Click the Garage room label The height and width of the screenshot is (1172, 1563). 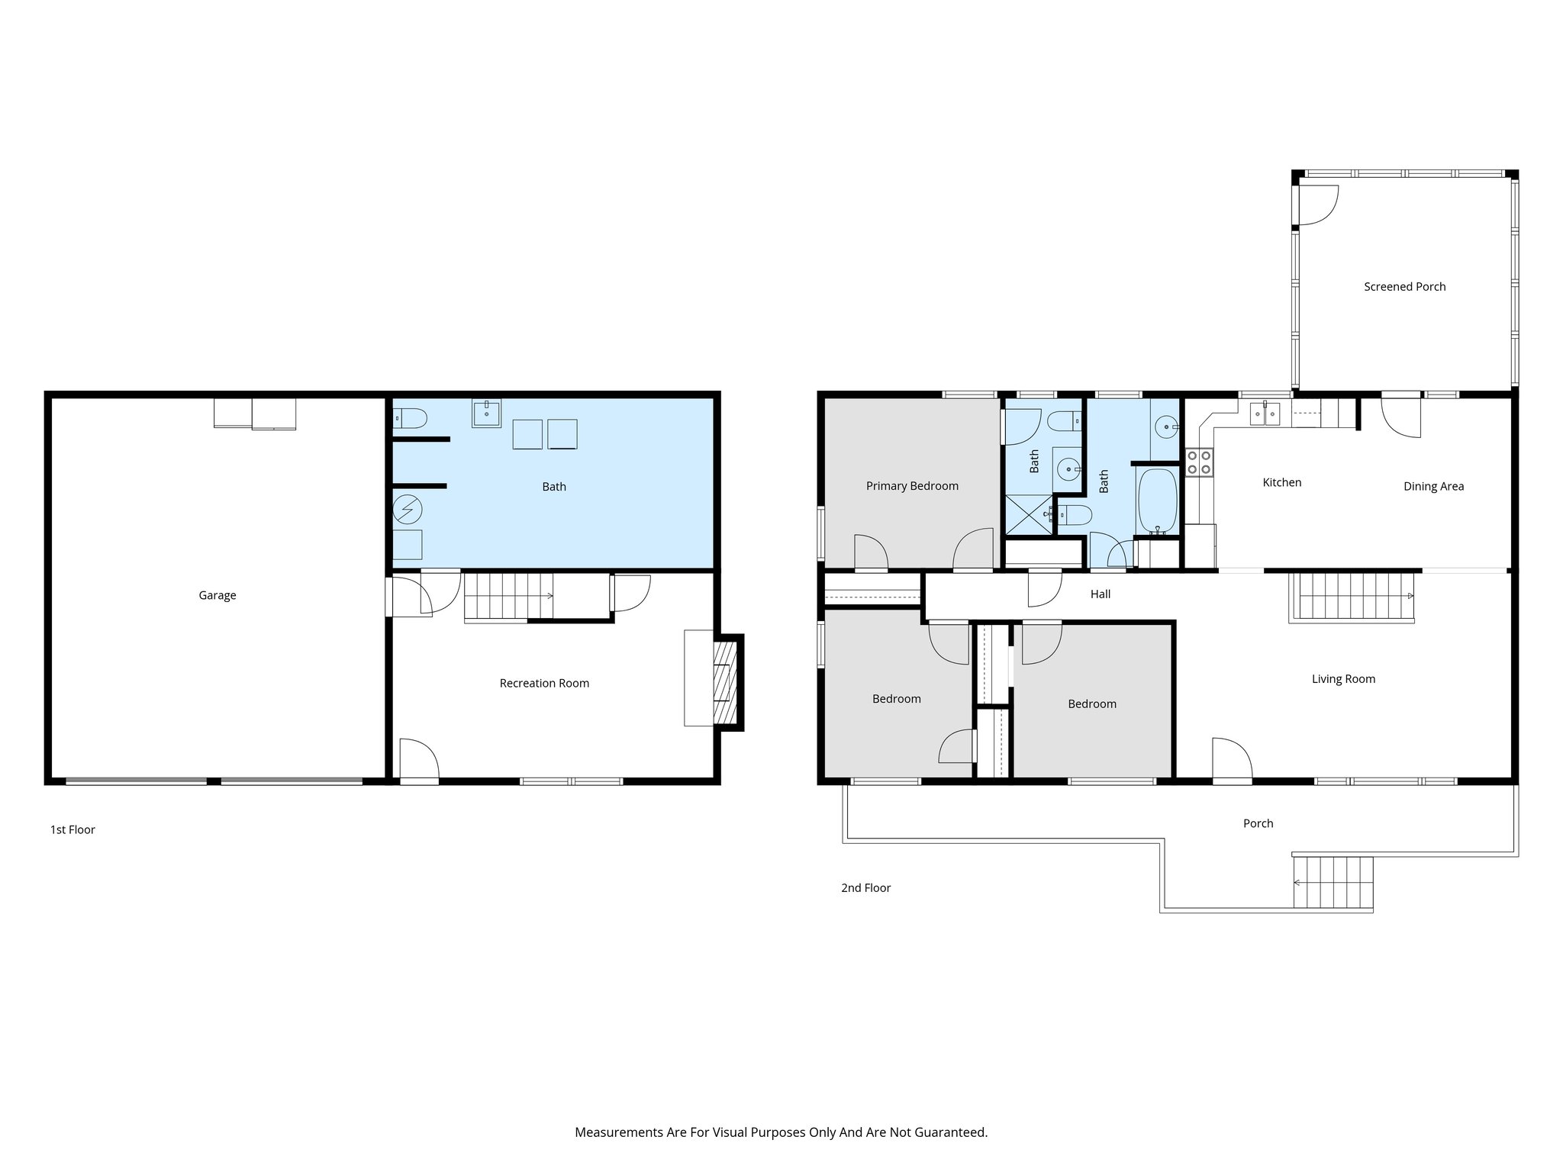coord(217,595)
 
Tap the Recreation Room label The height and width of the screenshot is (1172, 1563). coord(544,683)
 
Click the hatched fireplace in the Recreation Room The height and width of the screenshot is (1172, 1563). coord(725,681)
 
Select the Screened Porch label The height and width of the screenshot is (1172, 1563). coord(1404,287)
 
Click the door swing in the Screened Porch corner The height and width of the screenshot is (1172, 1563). coord(1317,204)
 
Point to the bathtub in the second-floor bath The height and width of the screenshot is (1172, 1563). coord(1157,501)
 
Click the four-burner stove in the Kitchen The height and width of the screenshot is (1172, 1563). coord(1198,462)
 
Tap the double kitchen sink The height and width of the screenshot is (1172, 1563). coord(1265,414)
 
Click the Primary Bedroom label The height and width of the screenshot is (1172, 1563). coord(912,486)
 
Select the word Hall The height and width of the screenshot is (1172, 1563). coord(1100,594)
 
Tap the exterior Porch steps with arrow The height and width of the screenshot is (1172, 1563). coord(1333,882)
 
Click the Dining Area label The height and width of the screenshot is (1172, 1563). coord(1433,487)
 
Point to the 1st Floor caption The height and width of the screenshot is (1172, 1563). coord(73,829)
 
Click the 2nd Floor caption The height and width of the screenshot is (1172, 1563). coord(865,887)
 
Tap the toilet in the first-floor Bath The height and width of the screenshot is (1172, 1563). coord(411,418)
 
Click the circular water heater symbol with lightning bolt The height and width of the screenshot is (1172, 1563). coord(407,508)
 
